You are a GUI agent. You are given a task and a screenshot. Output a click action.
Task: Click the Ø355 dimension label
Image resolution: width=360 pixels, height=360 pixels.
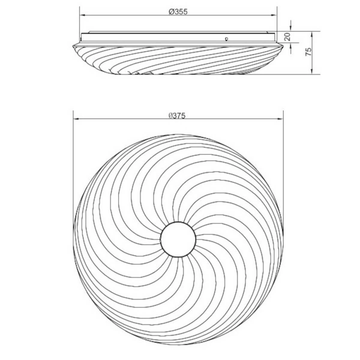coord(178,11)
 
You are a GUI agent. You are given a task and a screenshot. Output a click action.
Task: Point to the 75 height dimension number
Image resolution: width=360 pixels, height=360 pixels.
coord(308,52)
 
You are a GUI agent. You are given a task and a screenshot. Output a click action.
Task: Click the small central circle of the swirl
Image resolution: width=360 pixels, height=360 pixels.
coord(178,238)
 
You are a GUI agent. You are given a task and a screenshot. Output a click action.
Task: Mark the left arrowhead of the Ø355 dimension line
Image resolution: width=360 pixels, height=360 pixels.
coord(82,16)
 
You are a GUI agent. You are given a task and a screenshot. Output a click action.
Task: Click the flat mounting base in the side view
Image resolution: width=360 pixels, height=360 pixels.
coord(178,37)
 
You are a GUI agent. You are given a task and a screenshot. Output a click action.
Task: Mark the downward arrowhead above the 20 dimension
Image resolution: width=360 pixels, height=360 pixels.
coord(290,28)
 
